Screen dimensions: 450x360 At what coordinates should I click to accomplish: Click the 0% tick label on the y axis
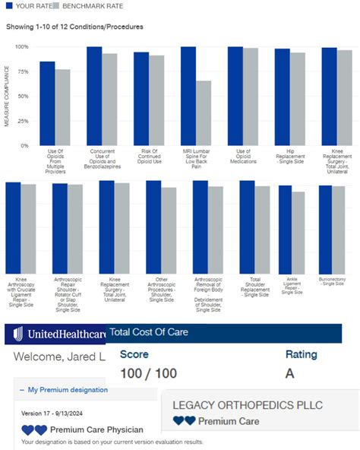[24, 144]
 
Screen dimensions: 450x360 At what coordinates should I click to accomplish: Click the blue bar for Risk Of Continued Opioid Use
[141, 98]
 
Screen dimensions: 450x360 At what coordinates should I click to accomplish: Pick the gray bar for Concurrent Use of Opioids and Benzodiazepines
[109, 99]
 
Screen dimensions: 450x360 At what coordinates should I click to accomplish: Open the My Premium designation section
[67, 390]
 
